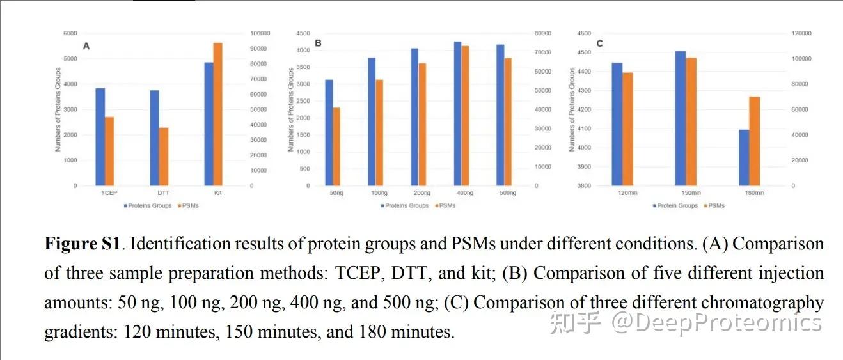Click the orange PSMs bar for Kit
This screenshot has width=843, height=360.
[x=217, y=114]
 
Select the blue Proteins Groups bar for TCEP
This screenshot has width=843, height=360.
[x=100, y=137]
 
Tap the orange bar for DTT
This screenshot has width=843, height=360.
[x=164, y=157]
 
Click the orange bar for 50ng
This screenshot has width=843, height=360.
[x=336, y=146]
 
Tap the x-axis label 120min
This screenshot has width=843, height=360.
[x=622, y=192]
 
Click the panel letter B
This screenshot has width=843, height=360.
[x=317, y=44]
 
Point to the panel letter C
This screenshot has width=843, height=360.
[x=599, y=43]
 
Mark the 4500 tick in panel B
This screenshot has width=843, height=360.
[x=303, y=33]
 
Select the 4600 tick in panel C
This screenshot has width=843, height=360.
[x=583, y=33]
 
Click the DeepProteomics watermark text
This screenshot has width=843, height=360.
[x=716, y=323]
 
